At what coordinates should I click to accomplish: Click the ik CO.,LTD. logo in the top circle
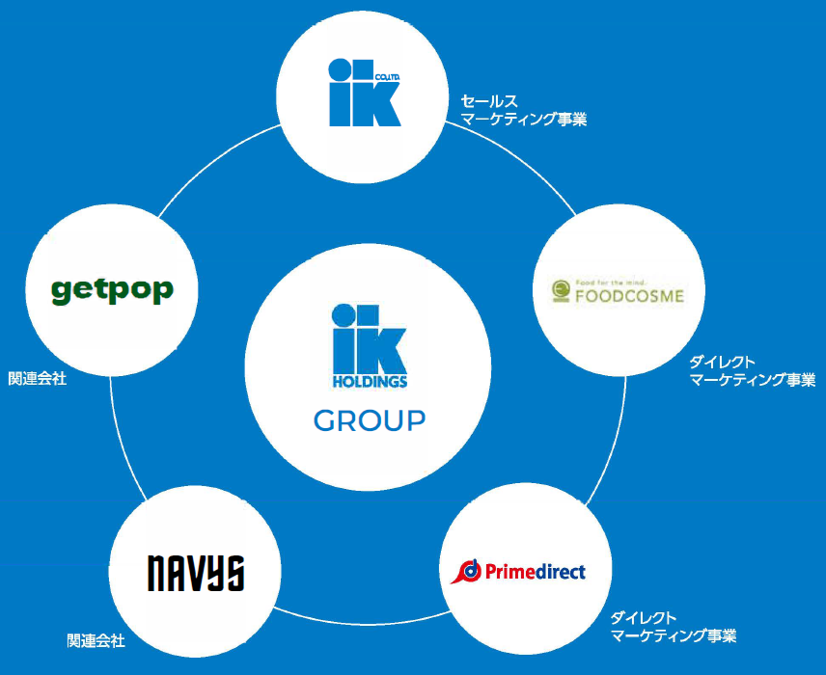tap(364, 93)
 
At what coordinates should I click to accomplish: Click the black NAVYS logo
tap(195, 573)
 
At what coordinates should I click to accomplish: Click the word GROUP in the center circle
tap(369, 420)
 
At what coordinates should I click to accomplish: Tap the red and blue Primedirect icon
tap(468, 571)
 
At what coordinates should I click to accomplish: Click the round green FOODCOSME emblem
tap(561, 289)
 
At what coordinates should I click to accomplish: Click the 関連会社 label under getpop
tap(37, 379)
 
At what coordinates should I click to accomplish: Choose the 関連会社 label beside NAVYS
tap(96, 640)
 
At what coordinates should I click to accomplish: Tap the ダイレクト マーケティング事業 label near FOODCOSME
tap(752, 371)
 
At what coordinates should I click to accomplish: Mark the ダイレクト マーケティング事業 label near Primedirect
tap(674, 627)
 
